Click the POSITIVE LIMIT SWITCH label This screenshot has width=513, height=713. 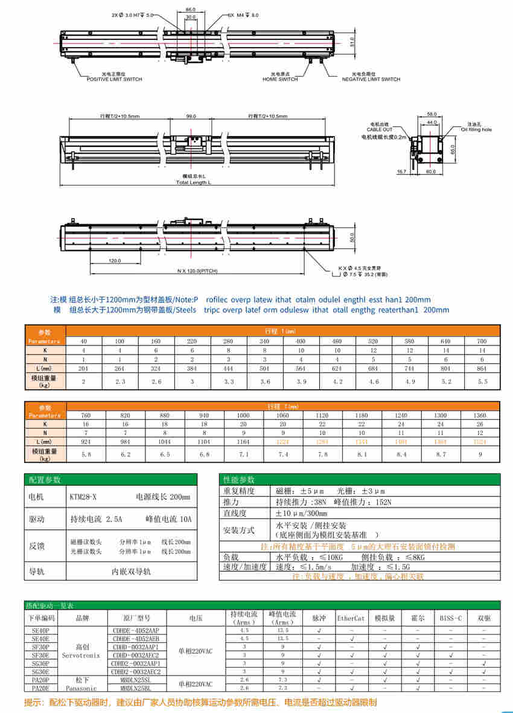[114, 79]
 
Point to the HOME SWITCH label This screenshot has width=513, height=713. [280, 79]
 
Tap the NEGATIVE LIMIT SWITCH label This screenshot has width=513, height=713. [371, 79]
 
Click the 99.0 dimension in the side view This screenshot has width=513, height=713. [191, 116]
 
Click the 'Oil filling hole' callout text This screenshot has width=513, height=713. [477, 129]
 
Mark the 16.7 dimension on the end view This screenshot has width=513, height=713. [401, 172]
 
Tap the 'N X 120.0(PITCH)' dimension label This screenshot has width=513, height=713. [197, 271]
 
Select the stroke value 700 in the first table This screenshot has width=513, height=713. [481, 341]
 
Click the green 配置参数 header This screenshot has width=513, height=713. [45, 480]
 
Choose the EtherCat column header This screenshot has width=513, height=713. [351, 618]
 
